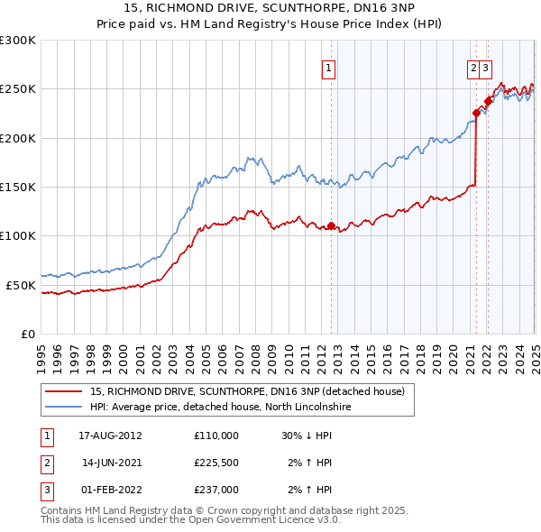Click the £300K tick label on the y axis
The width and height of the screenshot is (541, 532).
coord(17,41)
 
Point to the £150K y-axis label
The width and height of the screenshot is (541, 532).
coord(17,188)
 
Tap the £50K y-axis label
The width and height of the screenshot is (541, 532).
coord(21,285)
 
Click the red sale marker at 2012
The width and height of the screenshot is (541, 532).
coord(331,225)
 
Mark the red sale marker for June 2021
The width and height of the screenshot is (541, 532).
coord(476,113)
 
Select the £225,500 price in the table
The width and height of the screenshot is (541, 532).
coord(215,463)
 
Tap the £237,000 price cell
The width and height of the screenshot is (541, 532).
coord(215,491)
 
